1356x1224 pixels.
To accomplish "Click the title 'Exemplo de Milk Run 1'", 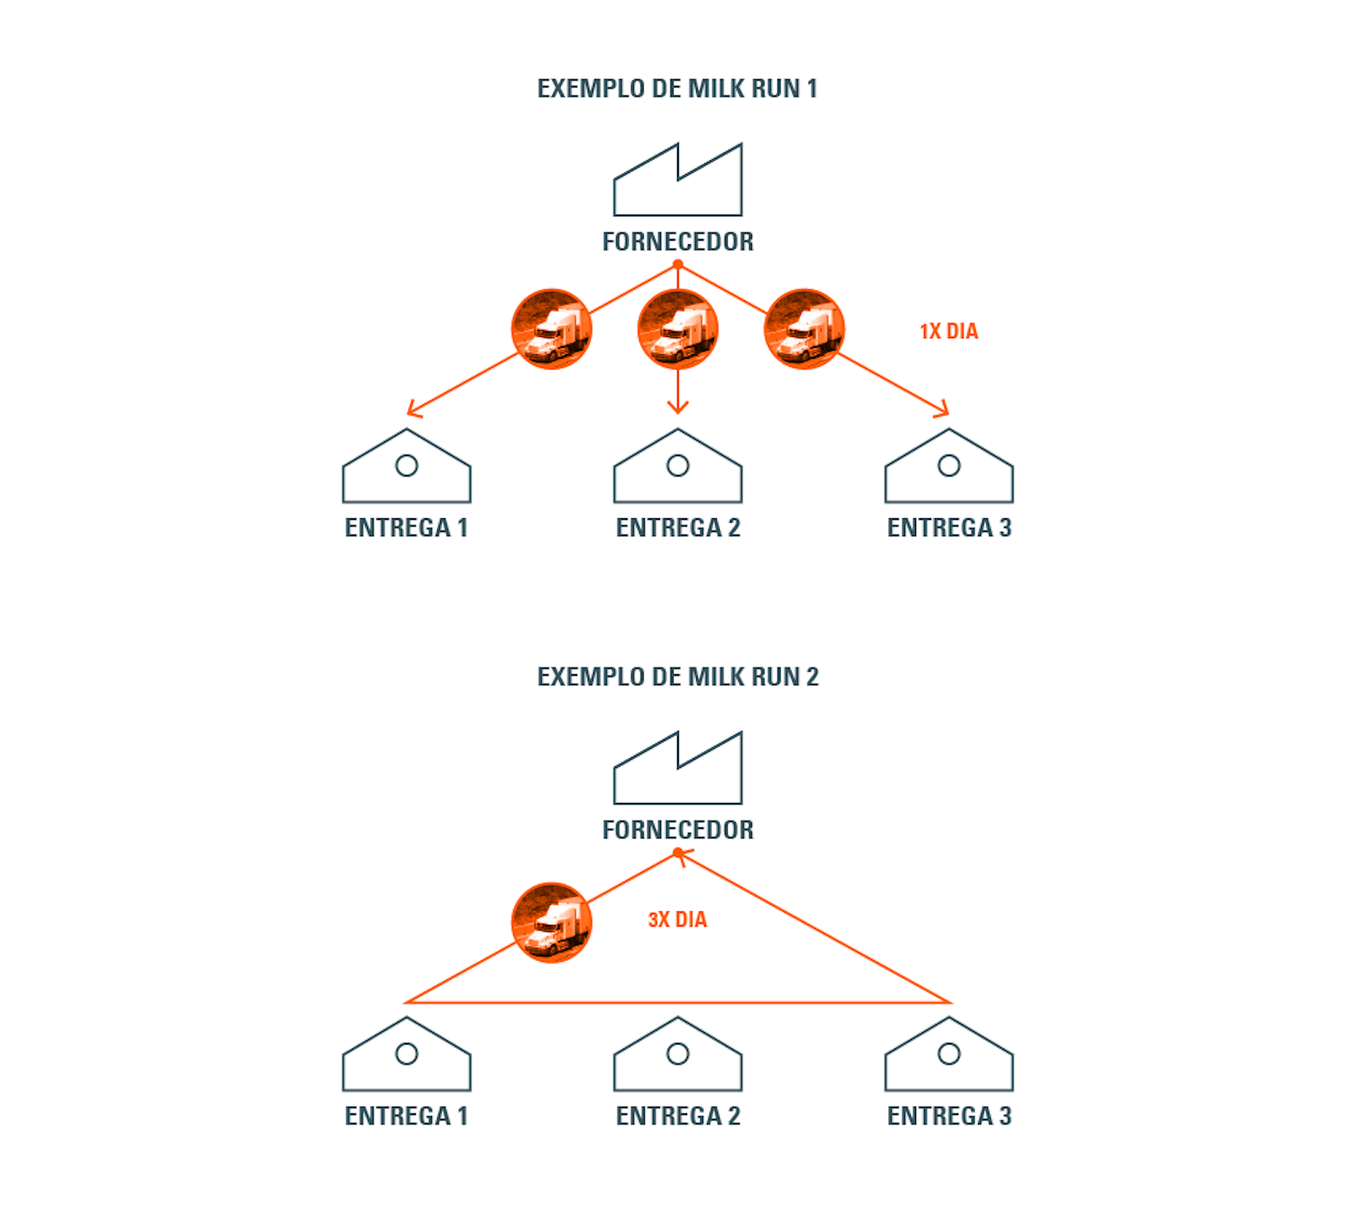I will click(677, 88).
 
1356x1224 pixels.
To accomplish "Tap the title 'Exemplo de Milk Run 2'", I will click(677, 677).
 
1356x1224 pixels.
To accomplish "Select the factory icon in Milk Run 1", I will click(677, 181).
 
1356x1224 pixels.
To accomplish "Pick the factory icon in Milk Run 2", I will click(677, 770).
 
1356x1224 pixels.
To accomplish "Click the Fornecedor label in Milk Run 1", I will click(677, 242).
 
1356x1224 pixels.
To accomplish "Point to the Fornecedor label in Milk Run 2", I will click(677, 830).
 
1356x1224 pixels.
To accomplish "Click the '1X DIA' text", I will click(948, 332).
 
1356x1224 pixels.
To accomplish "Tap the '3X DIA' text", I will click(677, 920).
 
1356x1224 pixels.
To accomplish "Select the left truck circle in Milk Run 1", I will click(551, 329).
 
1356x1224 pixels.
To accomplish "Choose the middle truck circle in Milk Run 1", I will click(677, 329).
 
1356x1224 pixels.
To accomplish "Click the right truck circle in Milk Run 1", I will click(803, 329).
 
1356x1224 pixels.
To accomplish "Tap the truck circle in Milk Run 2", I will click(551, 922).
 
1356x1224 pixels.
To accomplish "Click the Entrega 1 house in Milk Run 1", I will click(407, 468).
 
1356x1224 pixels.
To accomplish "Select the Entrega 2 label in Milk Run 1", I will click(677, 528).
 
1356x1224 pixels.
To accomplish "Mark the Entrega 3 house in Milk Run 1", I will click(948, 468).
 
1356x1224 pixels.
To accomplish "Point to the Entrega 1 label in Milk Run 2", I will click(407, 1117).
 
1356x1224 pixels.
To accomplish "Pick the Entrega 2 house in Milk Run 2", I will click(677, 1056).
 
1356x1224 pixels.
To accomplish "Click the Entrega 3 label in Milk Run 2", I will click(948, 1117).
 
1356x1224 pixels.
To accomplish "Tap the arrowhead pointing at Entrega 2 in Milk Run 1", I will click(677, 408).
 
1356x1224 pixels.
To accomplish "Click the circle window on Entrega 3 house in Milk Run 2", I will click(948, 1054).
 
